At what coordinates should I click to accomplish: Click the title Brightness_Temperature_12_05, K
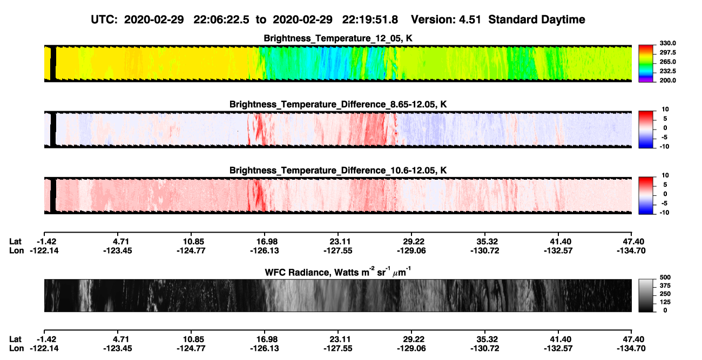338,38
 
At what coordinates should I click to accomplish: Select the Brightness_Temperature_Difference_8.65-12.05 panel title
338,104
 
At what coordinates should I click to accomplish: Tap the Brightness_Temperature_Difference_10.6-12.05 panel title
338,171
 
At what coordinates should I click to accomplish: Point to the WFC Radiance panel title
338,272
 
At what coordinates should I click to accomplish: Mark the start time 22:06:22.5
221,19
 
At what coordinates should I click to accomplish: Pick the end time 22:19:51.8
370,19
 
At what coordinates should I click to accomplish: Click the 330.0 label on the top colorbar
667,43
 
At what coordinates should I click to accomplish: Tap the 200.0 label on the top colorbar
667,80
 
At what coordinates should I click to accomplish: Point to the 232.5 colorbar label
667,71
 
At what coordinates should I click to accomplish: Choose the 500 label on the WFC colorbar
665,277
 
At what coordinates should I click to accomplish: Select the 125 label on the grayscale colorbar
665,302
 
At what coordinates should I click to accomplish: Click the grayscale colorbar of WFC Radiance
646,295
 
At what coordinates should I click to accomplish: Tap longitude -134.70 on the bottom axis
631,349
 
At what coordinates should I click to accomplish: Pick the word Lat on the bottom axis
15,339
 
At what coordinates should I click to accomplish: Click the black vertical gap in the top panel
53,64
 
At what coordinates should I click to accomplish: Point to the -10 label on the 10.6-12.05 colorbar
665,213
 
